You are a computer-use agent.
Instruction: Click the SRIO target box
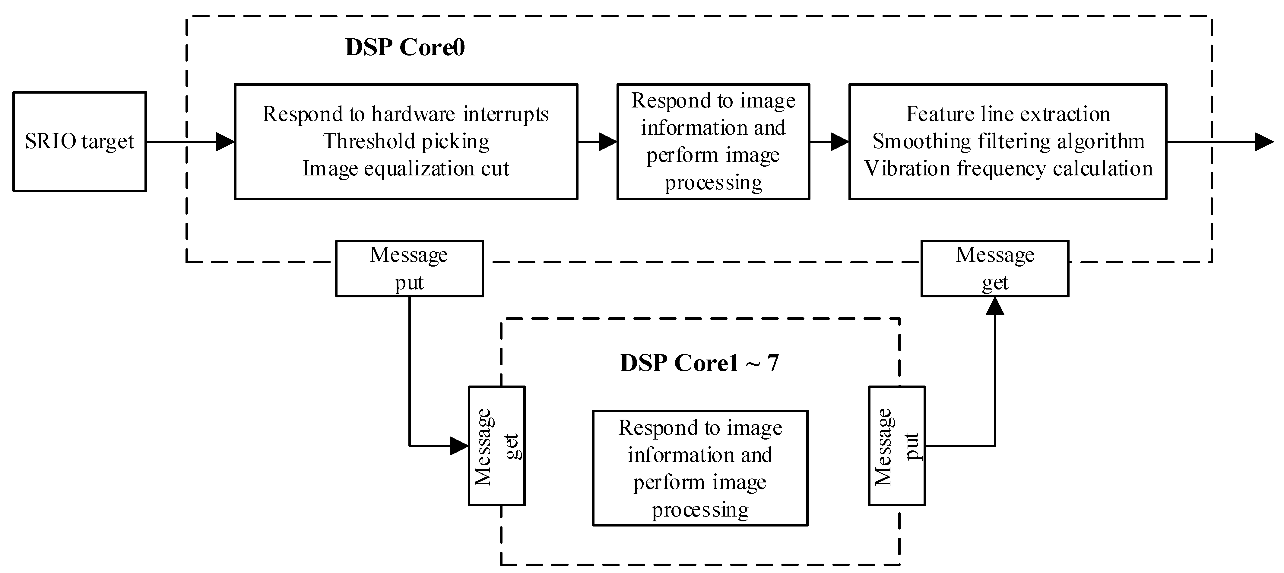point(79,142)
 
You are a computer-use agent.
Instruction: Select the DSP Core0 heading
point(405,47)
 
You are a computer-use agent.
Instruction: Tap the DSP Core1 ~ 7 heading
point(699,363)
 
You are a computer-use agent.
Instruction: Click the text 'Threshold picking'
point(406,142)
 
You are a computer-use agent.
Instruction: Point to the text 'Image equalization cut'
point(406,168)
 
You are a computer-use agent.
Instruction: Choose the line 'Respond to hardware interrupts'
point(406,114)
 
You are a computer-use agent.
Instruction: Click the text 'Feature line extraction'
point(1008,114)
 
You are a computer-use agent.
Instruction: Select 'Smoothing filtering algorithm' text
point(1008,142)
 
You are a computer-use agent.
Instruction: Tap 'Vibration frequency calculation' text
point(1008,168)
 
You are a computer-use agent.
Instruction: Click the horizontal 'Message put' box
point(409,268)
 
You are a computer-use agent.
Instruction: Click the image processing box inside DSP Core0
point(713,142)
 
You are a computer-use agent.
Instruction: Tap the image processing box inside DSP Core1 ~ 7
point(700,468)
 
